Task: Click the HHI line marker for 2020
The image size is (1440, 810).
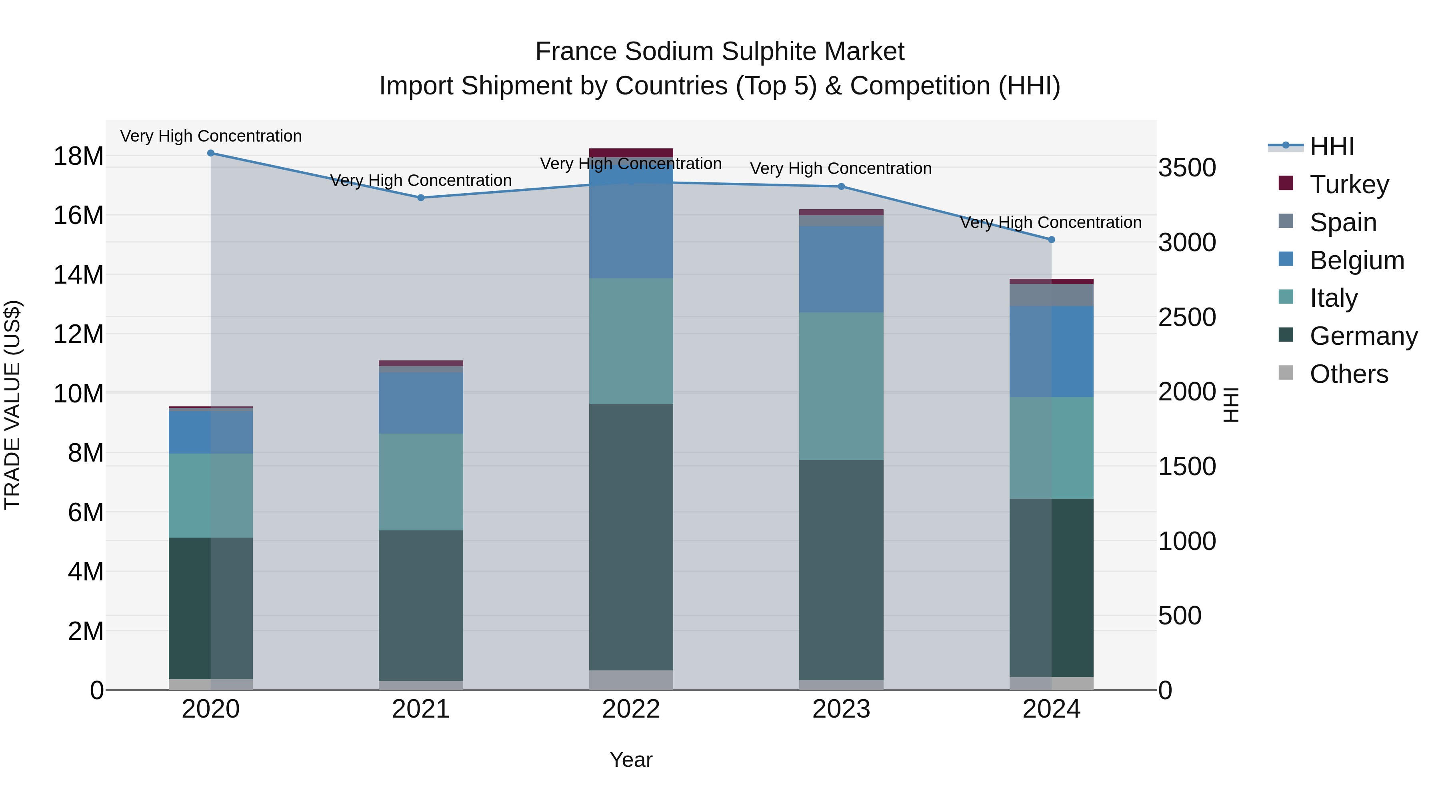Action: click(x=211, y=153)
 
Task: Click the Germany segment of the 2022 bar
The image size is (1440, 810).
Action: click(x=631, y=537)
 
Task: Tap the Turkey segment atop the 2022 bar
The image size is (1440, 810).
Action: click(x=631, y=153)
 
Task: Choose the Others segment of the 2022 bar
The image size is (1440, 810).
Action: click(x=631, y=680)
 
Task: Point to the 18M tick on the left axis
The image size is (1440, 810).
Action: click(x=78, y=156)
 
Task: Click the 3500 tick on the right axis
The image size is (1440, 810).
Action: click(x=1187, y=168)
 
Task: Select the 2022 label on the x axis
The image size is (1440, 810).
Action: click(x=631, y=709)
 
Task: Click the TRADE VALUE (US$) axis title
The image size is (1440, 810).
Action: click(x=12, y=405)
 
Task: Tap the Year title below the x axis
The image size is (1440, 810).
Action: click(x=631, y=760)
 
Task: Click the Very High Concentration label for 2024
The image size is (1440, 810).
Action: click(x=1051, y=222)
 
